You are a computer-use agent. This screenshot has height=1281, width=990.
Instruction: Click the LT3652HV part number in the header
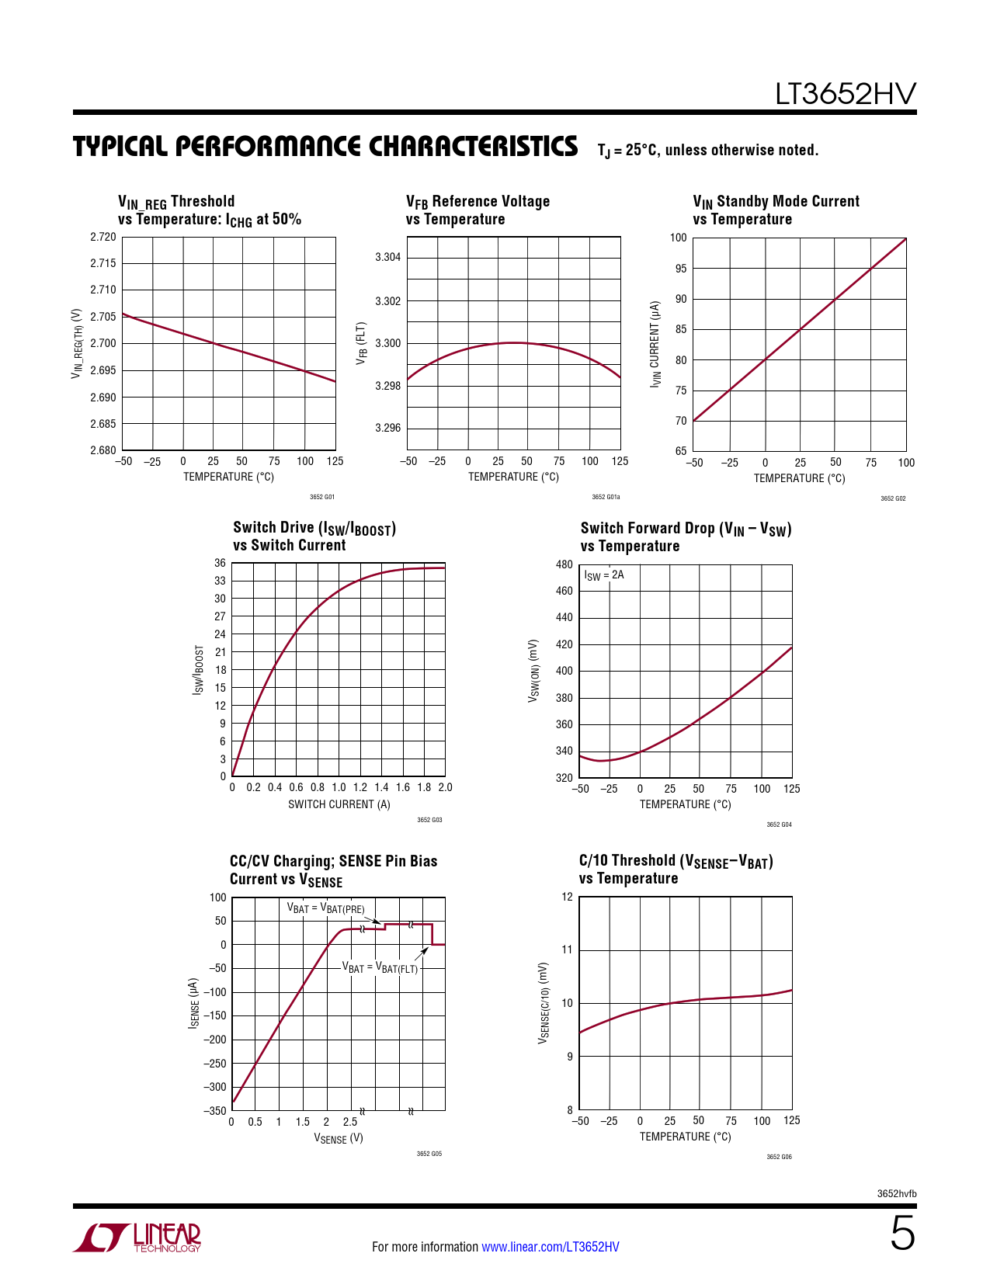coord(845,94)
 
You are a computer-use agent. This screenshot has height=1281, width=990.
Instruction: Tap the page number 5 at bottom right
coord(902,1234)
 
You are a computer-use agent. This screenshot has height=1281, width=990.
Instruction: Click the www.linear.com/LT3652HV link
coord(551,1247)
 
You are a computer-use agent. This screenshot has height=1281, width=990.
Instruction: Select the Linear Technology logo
coord(137,1238)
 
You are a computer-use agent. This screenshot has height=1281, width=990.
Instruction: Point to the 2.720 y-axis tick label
coord(103,237)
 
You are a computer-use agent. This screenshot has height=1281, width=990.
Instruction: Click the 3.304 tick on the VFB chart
coord(388,257)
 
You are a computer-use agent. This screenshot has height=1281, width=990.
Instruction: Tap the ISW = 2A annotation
coord(604,575)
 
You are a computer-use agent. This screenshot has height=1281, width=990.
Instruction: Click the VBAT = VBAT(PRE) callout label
coord(325,908)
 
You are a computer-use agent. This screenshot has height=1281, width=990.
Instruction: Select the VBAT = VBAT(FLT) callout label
coord(380,968)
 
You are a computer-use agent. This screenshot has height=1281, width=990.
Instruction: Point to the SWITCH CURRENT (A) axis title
coord(339,804)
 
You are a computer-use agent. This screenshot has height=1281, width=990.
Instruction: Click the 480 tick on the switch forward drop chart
coord(564,564)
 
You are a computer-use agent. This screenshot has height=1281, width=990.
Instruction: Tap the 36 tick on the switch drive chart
coord(221,563)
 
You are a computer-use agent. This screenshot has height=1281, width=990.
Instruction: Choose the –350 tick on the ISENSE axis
coord(215,1111)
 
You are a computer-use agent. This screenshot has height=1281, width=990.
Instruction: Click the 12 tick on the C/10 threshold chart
coord(567,897)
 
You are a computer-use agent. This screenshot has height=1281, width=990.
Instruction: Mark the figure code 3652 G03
coord(429,820)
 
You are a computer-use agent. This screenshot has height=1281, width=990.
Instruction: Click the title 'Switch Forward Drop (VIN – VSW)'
coord(686,529)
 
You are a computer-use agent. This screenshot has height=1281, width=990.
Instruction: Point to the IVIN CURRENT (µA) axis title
coord(656,344)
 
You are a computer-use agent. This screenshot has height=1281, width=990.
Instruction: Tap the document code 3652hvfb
coord(897,1193)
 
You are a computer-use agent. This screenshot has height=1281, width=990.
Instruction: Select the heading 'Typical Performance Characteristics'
coord(325,147)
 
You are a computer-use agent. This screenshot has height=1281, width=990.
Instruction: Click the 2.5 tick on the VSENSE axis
coord(350,1122)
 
